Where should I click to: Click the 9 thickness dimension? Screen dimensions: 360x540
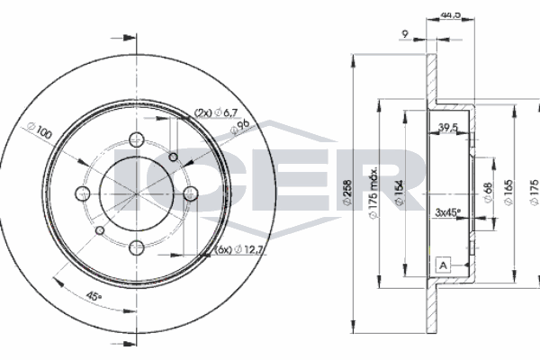point(407,36)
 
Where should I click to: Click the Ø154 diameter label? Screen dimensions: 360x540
point(397,192)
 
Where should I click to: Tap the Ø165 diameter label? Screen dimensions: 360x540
point(509,192)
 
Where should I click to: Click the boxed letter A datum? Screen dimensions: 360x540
point(443,265)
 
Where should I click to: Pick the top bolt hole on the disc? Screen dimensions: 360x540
point(136,139)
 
